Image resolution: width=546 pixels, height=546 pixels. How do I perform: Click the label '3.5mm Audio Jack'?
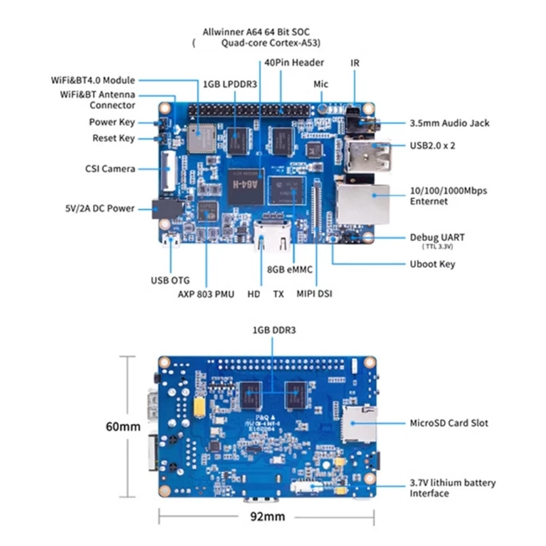tap(449, 124)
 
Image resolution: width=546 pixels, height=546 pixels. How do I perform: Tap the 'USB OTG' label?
tap(170, 280)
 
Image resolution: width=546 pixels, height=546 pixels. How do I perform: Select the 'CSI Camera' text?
tap(110, 169)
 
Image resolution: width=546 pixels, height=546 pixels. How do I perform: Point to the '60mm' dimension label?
tap(124, 427)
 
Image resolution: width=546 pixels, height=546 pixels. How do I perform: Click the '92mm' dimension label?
tap(268, 517)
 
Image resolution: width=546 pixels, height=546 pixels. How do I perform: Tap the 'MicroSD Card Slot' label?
tap(448, 423)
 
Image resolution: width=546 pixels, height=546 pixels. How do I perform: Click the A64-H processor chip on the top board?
tap(246, 184)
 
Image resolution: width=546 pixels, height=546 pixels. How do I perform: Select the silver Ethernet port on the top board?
tap(363, 203)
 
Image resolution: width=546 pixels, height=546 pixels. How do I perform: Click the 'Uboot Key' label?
tap(432, 264)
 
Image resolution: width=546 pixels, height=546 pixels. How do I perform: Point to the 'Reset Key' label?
tap(113, 139)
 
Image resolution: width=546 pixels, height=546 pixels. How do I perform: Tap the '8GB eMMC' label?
tap(290, 270)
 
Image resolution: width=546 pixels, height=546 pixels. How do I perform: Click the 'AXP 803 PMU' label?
tap(206, 294)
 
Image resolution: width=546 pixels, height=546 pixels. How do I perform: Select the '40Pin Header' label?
tap(293, 63)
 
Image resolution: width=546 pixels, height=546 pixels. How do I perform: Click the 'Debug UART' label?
tap(437, 237)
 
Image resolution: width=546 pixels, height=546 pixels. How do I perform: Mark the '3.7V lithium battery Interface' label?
tap(452, 488)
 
